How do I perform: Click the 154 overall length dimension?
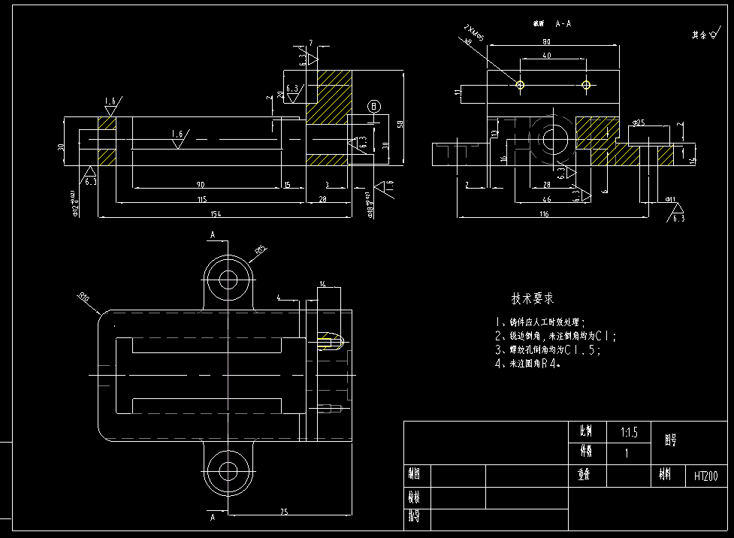pos(226,214)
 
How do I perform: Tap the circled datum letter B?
pos(374,107)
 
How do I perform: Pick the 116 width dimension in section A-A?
pos(545,214)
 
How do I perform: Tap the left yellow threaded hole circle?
pos(520,86)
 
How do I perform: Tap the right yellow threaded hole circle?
pos(585,86)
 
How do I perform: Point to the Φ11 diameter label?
pos(670,200)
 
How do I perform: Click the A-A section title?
pos(564,24)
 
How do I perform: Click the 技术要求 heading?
pos(533,298)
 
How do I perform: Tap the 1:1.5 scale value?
pos(629,433)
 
